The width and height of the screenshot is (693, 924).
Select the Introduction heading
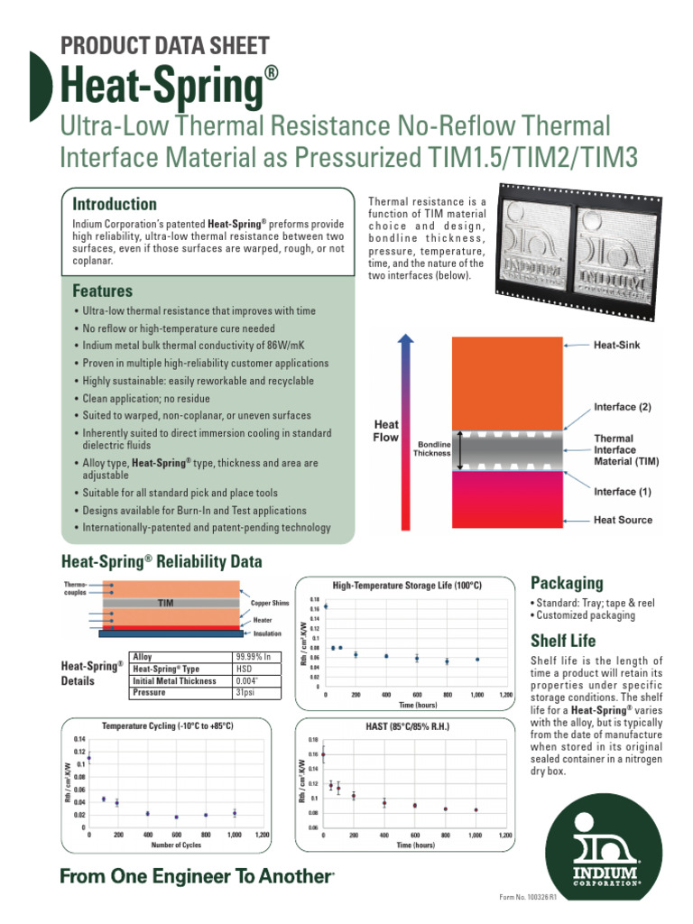[115, 204]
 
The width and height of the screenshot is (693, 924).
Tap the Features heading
[102, 291]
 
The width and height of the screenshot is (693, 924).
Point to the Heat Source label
[623, 520]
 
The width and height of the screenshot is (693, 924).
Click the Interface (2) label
[622, 407]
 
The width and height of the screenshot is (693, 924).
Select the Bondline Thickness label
[431, 448]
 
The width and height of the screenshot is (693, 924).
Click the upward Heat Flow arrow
[406, 424]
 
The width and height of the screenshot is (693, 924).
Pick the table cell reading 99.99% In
[252, 657]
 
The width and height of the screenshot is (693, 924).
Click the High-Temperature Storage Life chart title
[407, 586]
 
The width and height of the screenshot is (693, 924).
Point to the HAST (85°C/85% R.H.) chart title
[407, 725]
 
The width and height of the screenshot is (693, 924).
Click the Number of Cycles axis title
[176, 845]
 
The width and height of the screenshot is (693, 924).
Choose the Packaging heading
[567, 583]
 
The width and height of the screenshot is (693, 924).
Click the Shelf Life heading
[563, 641]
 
